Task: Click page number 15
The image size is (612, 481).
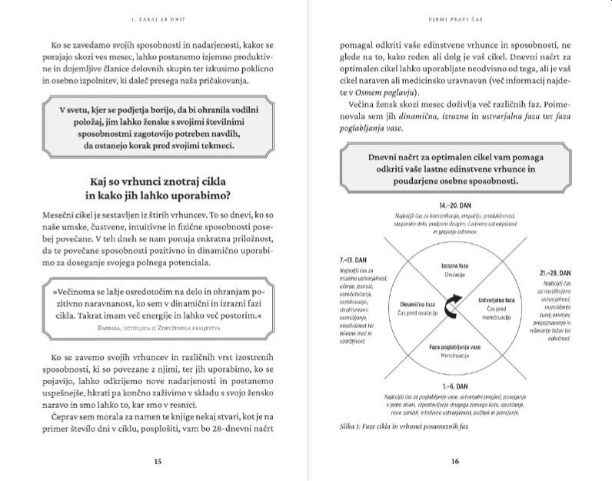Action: [x=157, y=462]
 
